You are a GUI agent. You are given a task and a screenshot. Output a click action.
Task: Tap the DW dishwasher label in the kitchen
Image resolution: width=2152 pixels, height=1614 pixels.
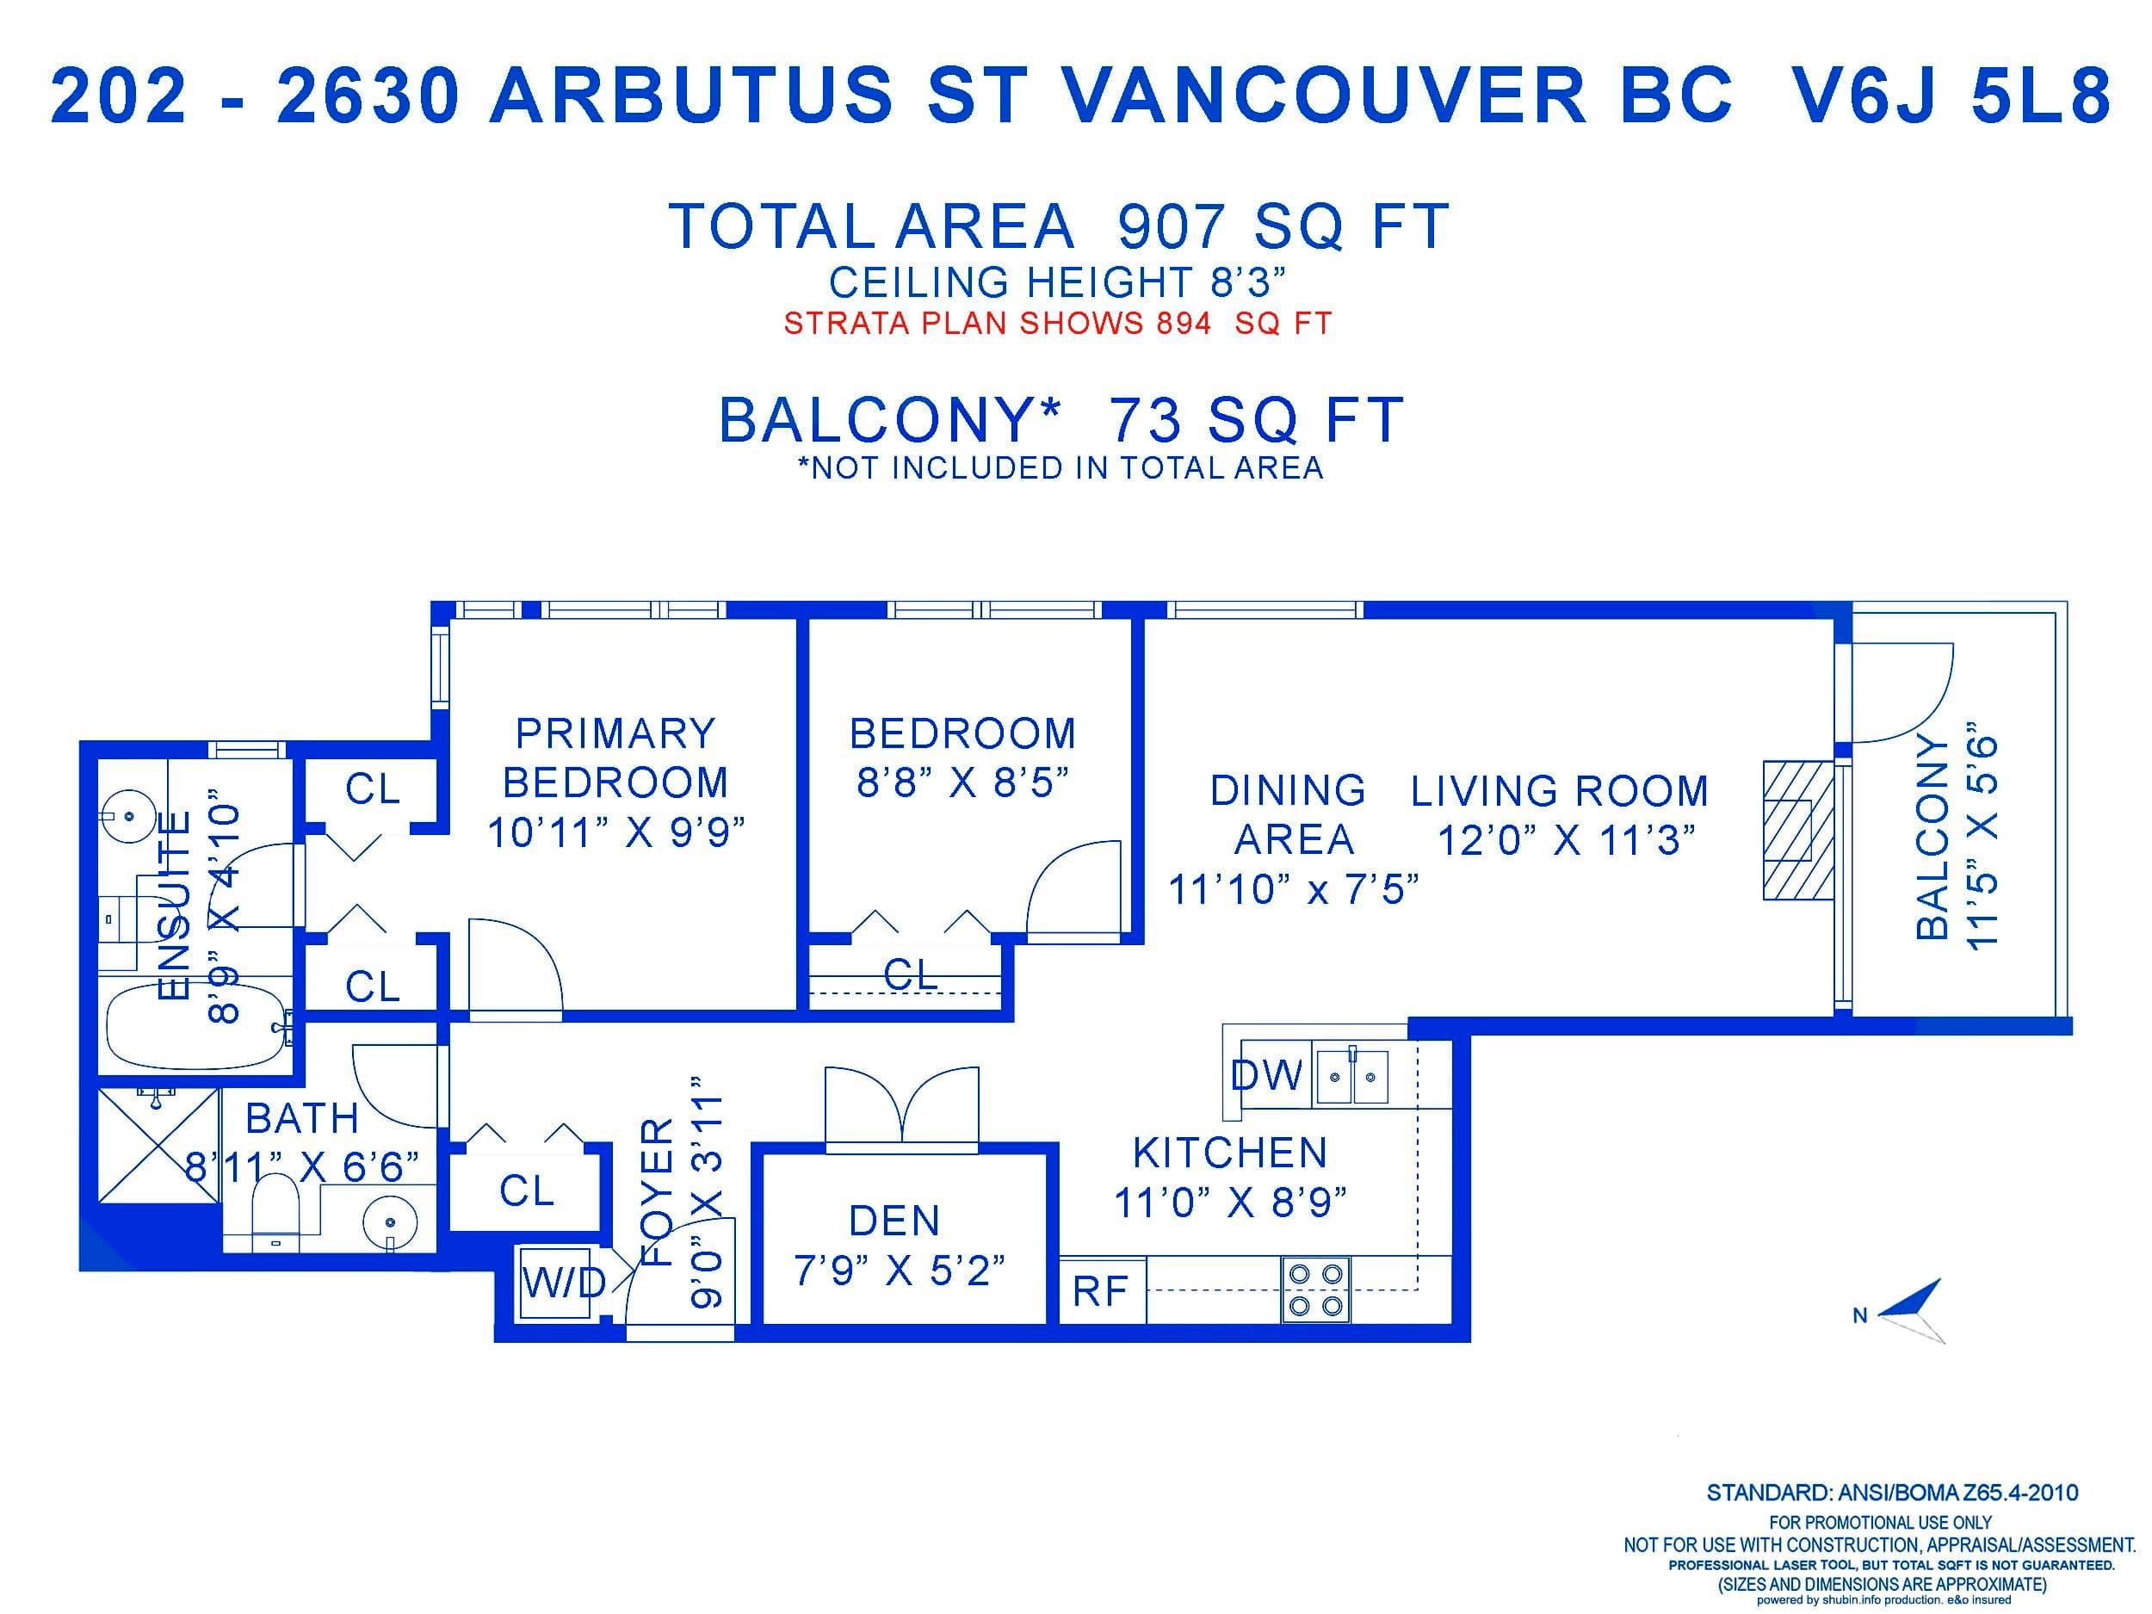(1267, 1075)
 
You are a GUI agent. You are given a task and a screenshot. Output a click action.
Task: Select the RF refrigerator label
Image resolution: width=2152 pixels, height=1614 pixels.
(1099, 1291)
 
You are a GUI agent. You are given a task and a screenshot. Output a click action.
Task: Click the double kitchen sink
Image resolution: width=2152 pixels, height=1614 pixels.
(1351, 1075)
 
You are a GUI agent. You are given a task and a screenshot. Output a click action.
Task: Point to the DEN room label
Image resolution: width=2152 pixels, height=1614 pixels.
(894, 1220)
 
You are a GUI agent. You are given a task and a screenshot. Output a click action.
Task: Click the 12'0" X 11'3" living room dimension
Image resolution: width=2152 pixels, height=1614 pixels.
(1567, 839)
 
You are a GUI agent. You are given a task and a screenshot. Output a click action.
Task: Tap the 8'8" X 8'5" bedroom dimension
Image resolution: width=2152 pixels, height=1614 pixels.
(962, 782)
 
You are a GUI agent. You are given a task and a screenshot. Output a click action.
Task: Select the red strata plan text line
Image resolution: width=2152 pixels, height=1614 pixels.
(1058, 323)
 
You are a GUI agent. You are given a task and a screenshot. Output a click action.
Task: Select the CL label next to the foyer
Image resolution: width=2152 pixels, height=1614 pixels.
(526, 1190)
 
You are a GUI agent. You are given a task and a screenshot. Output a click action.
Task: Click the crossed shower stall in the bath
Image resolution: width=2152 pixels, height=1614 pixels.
(158, 1144)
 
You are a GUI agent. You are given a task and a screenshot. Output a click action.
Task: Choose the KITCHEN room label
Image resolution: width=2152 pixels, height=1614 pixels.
(1231, 1153)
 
